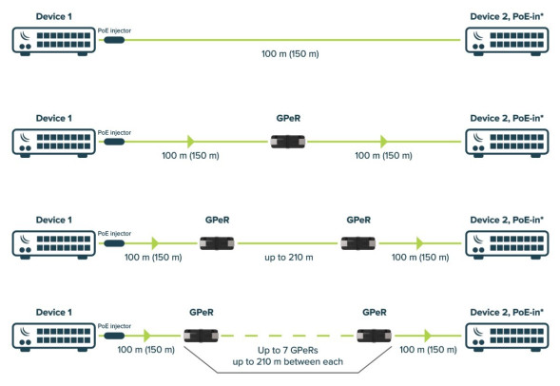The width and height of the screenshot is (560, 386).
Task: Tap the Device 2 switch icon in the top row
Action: [x=504, y=39]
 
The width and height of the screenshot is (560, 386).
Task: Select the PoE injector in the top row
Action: [x=113, y=39]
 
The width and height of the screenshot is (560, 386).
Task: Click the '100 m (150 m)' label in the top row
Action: [x=290, y=53]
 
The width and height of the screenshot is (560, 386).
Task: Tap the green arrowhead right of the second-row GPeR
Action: [x=384, y=142]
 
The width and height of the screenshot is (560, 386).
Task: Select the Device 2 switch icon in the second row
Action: [x=504, y=142]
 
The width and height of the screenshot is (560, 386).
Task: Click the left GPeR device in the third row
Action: [x=216, y=243]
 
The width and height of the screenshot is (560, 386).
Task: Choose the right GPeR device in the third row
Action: [x=358, y=243]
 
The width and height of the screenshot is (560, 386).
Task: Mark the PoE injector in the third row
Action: [x=113, y=243]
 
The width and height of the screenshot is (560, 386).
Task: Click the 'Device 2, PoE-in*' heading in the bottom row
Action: [x=504, y=312]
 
